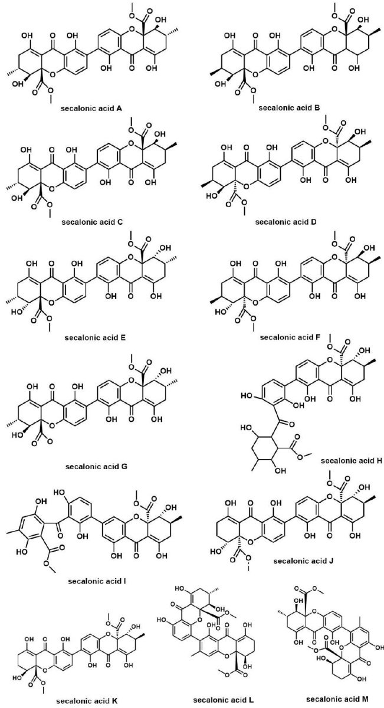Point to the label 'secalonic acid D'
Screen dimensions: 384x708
click(x=286, y=223)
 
